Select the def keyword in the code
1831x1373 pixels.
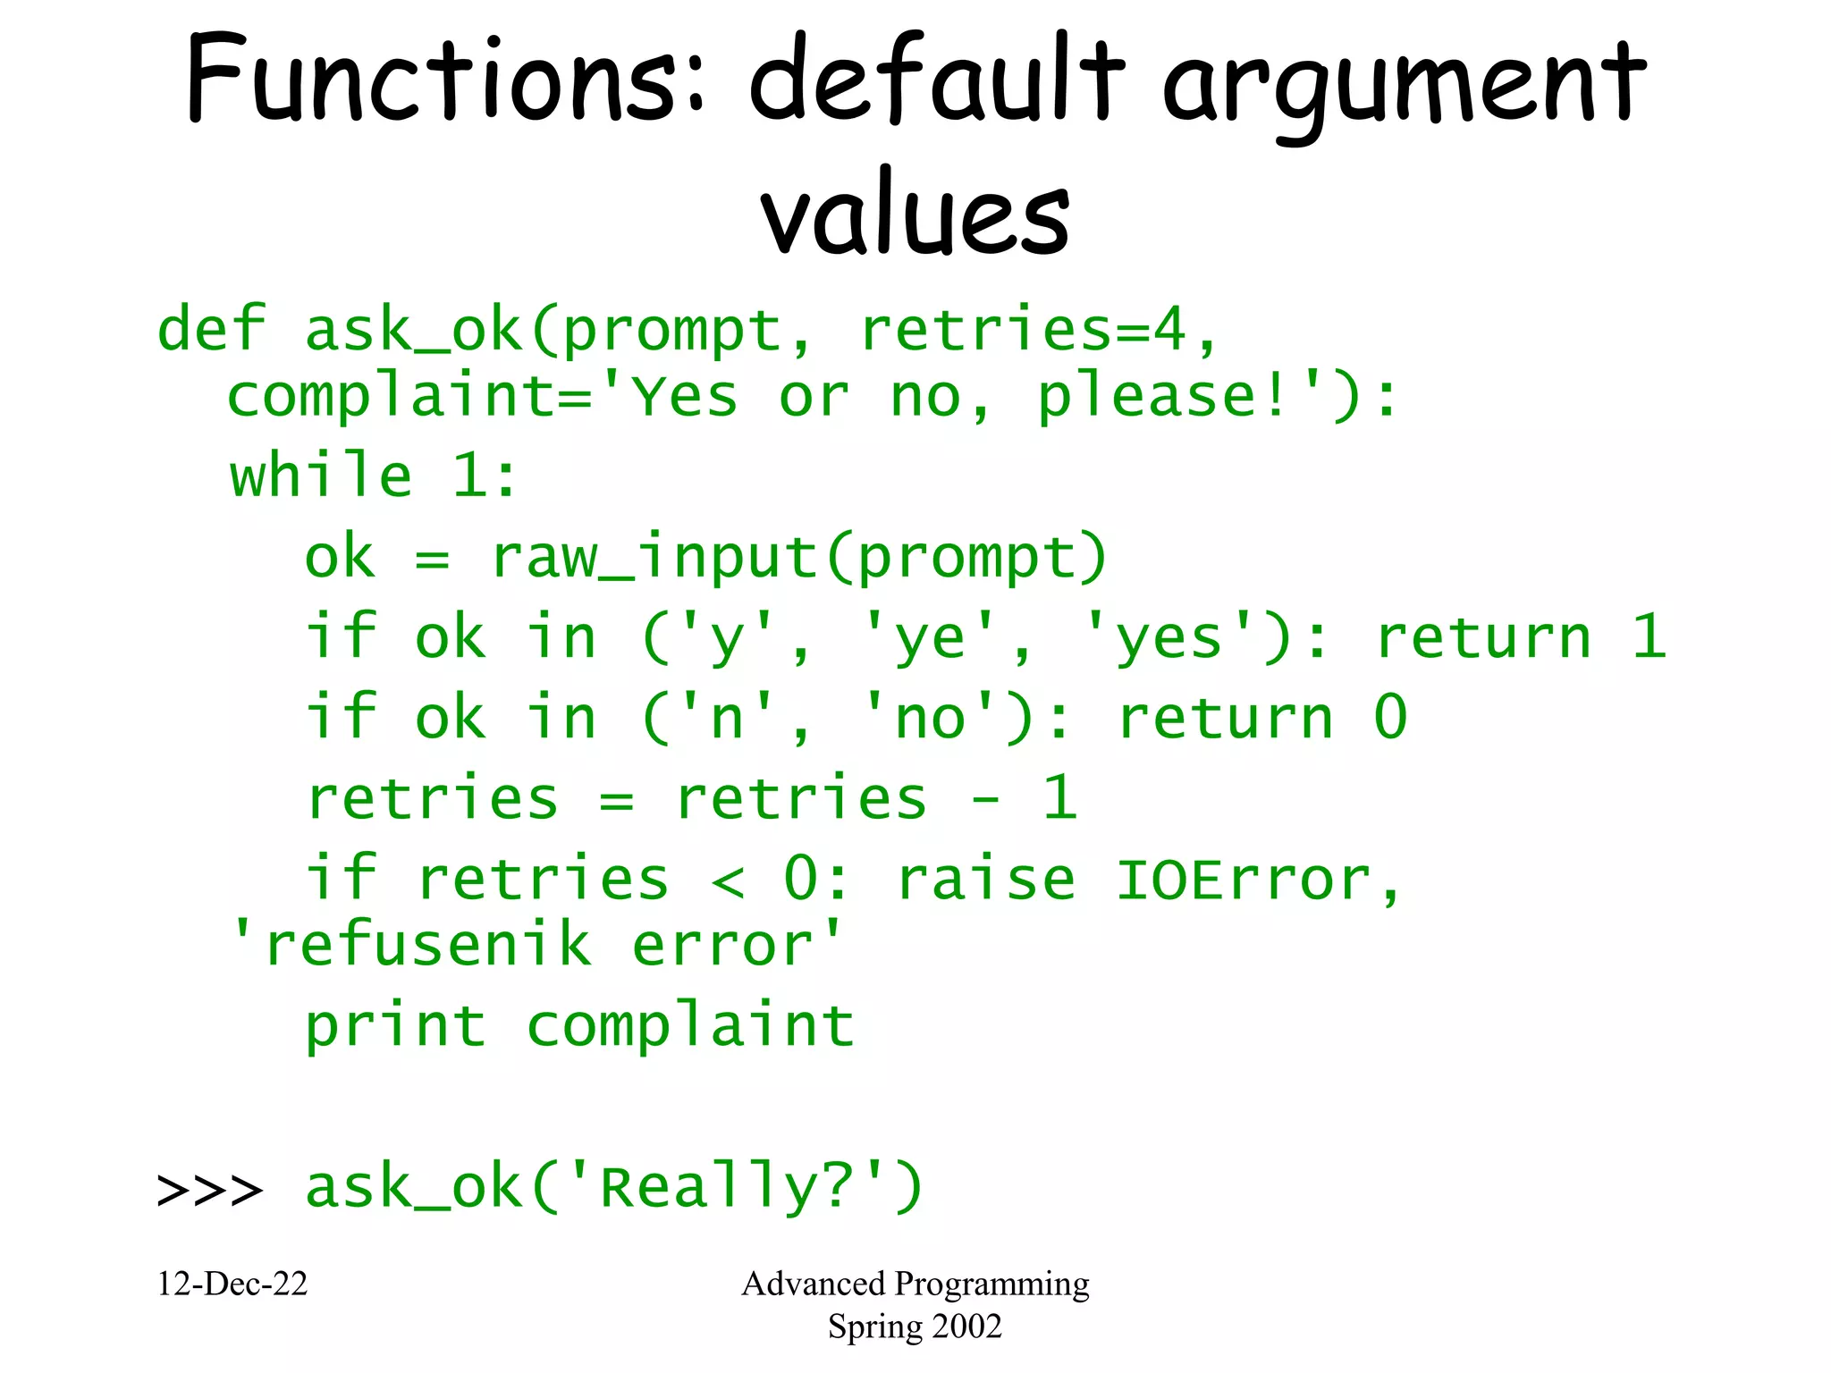tap(211, 330)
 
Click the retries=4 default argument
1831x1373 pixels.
tap(1023, 330)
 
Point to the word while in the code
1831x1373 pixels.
tap(321, 476)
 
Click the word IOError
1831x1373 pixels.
tap(1243, 880)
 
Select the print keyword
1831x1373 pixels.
tap(395, 1026)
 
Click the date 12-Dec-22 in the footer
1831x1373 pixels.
tap(232, 1285)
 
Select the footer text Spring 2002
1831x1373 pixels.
tap(915, 1327)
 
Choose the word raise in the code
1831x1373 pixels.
tap(985, 880)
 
